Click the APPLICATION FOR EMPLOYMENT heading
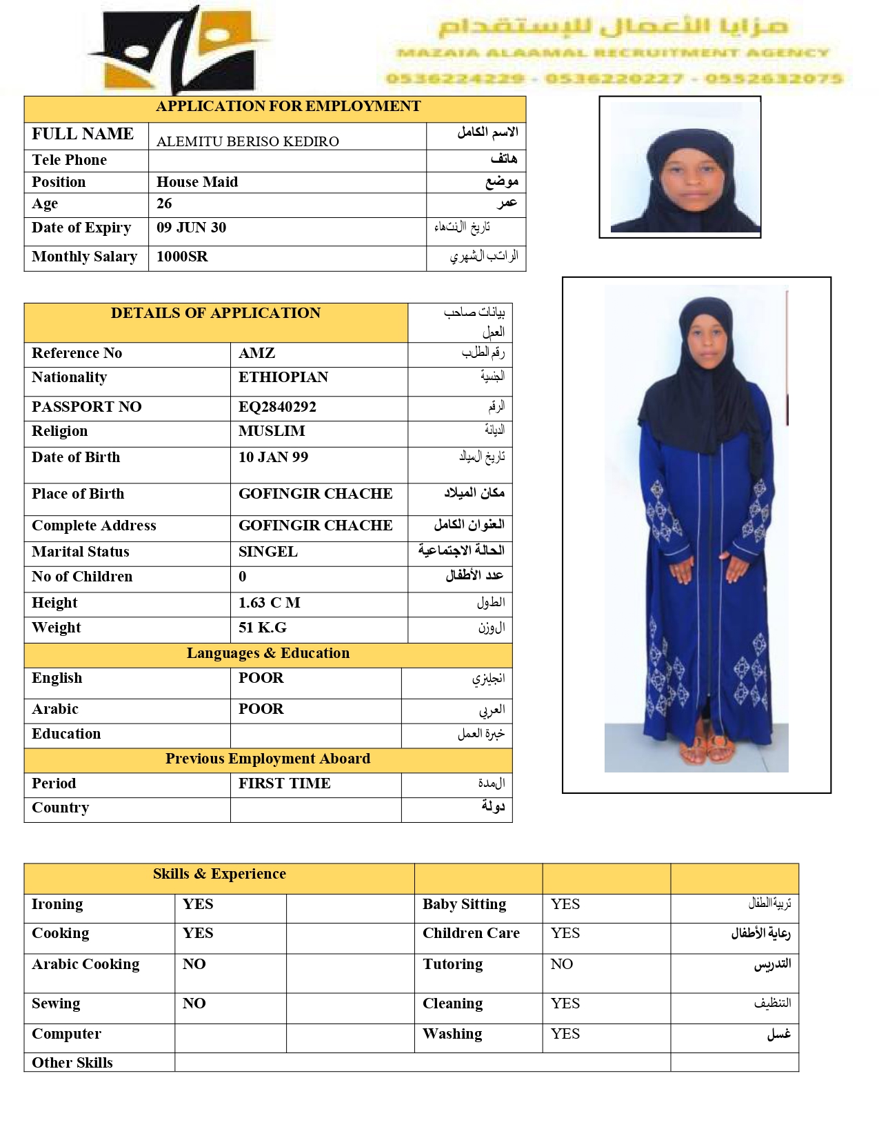(288, 106)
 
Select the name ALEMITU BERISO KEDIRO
(247, 141)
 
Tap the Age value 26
(164, 203)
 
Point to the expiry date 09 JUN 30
(191, 228)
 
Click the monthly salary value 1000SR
(182, 257)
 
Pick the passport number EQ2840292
(277, 407)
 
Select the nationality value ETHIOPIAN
(283, 377)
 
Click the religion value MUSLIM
(272, 431)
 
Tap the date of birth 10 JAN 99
(273, 457)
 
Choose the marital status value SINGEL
(268, 552)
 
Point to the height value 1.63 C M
(269, 603)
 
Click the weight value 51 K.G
(262, 628)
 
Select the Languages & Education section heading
(267, 653)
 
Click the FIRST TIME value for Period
(284, 783)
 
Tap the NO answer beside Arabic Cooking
(194, 964)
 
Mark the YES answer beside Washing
(565, 1034)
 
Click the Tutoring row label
(452, 964)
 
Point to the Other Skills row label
(72, 1063)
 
